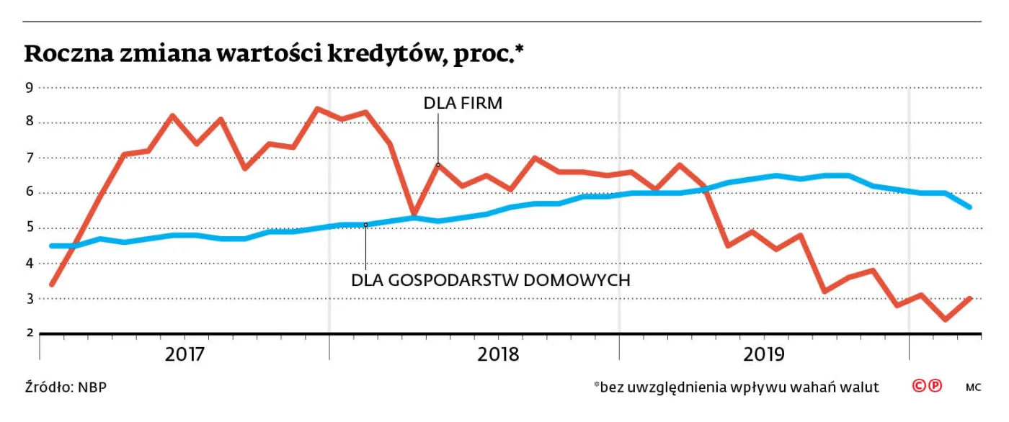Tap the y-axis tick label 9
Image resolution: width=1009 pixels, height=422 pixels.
point(30,88)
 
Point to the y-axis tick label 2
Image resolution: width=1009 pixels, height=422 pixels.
point(30,333)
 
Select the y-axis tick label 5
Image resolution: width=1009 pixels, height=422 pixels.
point(30,228)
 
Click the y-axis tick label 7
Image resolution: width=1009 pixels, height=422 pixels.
point(30,158)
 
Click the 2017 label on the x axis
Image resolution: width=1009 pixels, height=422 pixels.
point(185,354)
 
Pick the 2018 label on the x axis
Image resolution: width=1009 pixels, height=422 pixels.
point(498,354)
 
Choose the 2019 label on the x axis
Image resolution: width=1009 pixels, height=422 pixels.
point(764,354)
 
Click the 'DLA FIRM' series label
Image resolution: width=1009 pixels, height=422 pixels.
point(462,104)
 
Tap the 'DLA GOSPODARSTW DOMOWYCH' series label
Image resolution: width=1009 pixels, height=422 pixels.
point(490,280)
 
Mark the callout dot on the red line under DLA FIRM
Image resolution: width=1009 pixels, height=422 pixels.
point(437,165)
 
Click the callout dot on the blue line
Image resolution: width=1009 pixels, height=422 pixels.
point(365,225)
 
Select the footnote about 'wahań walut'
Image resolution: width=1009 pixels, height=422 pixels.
point(736,387)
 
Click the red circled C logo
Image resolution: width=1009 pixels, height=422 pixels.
point(919,386)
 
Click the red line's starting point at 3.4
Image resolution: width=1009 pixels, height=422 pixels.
point(51,284)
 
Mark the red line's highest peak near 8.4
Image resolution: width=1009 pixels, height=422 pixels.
point(317,109)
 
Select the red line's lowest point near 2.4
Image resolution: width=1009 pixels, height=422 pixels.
point(946,319)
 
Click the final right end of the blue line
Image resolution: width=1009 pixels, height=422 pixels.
point(970,207)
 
